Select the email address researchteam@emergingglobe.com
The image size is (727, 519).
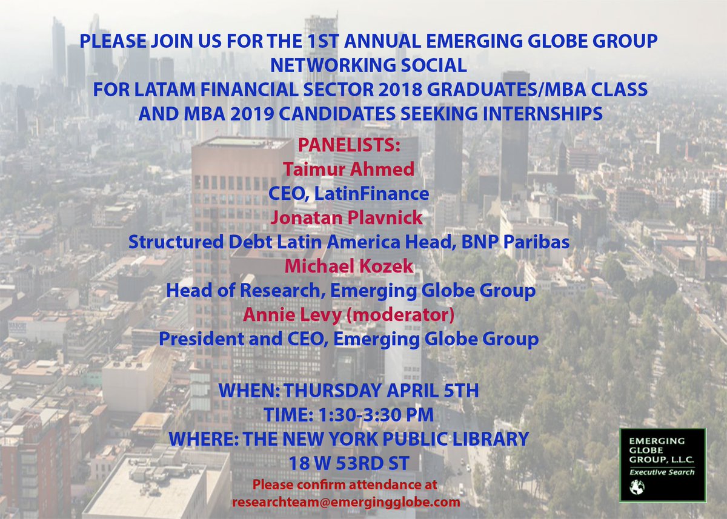(x=345, y=502)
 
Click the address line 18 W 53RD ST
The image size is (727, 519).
(x=348, y=463)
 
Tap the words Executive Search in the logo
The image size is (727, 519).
(x=661, y=472)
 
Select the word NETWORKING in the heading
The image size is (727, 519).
(x=322, y=65)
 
